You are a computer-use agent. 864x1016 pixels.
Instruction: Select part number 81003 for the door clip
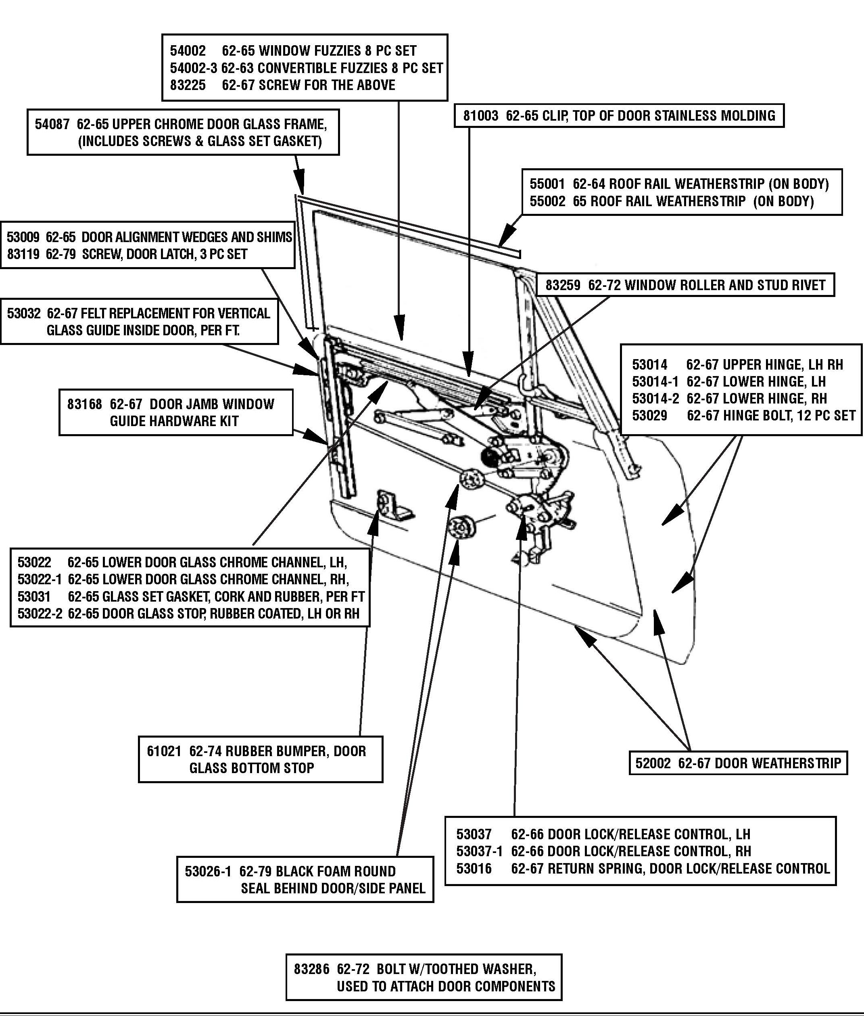(x=480, y=116)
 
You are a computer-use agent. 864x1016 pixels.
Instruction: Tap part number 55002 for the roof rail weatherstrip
(x=547, y=201)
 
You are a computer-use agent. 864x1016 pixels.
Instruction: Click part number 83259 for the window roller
(x=563, y=285)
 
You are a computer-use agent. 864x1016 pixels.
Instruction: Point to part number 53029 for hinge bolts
(x=649, y=416)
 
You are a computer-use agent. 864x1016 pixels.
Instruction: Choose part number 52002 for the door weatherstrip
(x=653, y=763)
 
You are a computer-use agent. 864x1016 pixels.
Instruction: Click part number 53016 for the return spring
(x=474, y=869)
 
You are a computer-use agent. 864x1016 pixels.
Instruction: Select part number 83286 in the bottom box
(x=311, y=969)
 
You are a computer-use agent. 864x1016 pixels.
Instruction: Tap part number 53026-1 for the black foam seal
(x=208, y=872)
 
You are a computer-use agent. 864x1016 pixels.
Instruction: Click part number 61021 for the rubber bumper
(x=164, y=751)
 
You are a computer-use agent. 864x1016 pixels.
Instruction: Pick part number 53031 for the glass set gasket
(x=34, y=597)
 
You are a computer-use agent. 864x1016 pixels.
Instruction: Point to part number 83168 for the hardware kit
(x=84, y=404)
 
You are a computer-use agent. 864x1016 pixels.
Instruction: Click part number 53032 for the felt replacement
(x=23, y=314)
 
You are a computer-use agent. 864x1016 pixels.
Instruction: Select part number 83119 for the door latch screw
(x=23, y=254)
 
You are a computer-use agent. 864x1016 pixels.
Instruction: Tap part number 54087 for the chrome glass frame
(x=52, y=124)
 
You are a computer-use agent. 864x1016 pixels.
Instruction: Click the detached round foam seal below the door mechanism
(x=462, y=528)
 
